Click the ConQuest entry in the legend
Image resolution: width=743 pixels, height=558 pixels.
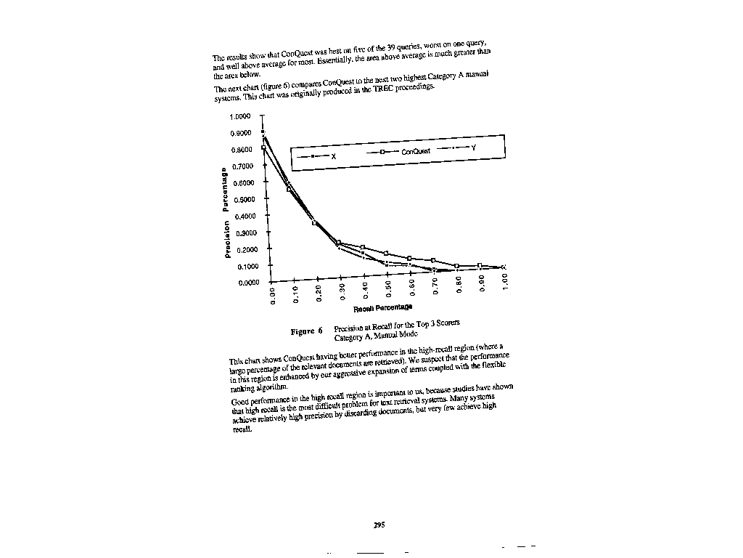pyautogui.click(x=416, y=151)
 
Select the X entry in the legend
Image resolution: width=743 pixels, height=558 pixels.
pyautogui.click(x=333, y=156)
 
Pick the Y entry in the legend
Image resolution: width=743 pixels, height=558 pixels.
pyautogui.click(x=473, y=147)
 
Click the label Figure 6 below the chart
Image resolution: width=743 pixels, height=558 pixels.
pyautogui.click(x=306, y=331)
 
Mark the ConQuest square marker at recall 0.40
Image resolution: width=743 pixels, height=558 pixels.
pyautogui.click(x=363, y=248)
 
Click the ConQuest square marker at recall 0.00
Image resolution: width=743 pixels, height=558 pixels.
pyautogui.click(x=263, y=148)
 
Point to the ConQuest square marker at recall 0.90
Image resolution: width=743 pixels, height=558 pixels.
pyautogui.click(x=480, y=266)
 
